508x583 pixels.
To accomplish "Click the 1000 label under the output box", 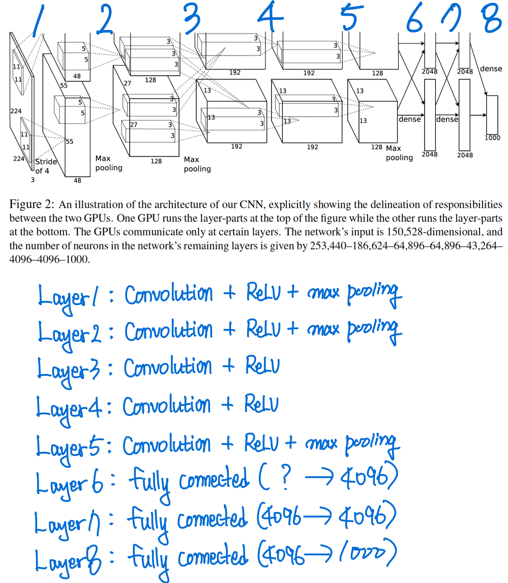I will [x=492, y=138].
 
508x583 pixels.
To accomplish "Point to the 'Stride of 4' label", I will [x=46, y=166].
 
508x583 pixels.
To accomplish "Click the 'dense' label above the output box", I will [x=491, y=69].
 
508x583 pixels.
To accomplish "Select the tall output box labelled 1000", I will [x=492, y=114].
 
